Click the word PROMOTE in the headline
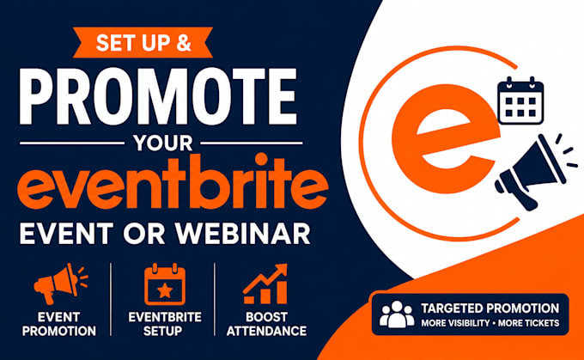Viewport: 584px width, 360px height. (158, 96)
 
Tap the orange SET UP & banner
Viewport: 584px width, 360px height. (143, 42)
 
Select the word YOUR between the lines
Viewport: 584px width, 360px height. (163, 143)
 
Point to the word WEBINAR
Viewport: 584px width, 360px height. (243, 234)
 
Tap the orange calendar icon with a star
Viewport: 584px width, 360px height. (165, 284)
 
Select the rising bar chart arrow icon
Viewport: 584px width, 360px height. (265, 284)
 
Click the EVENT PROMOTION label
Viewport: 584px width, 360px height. (59, 324)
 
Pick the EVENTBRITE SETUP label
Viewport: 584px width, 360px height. (165, 324)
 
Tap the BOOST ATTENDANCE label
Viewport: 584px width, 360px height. (266, 324)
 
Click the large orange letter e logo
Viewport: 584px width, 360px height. (444, 139)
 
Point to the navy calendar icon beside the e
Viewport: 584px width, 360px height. (520, 101)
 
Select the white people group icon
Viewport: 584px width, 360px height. (397, 314)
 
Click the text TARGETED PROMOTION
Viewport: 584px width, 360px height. (490, 308)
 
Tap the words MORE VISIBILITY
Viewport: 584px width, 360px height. (455, 323)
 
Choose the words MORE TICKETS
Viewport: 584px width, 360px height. (529, 323)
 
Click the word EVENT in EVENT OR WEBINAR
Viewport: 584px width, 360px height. (66, 234)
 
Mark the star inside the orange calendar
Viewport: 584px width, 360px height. (165, 290)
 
